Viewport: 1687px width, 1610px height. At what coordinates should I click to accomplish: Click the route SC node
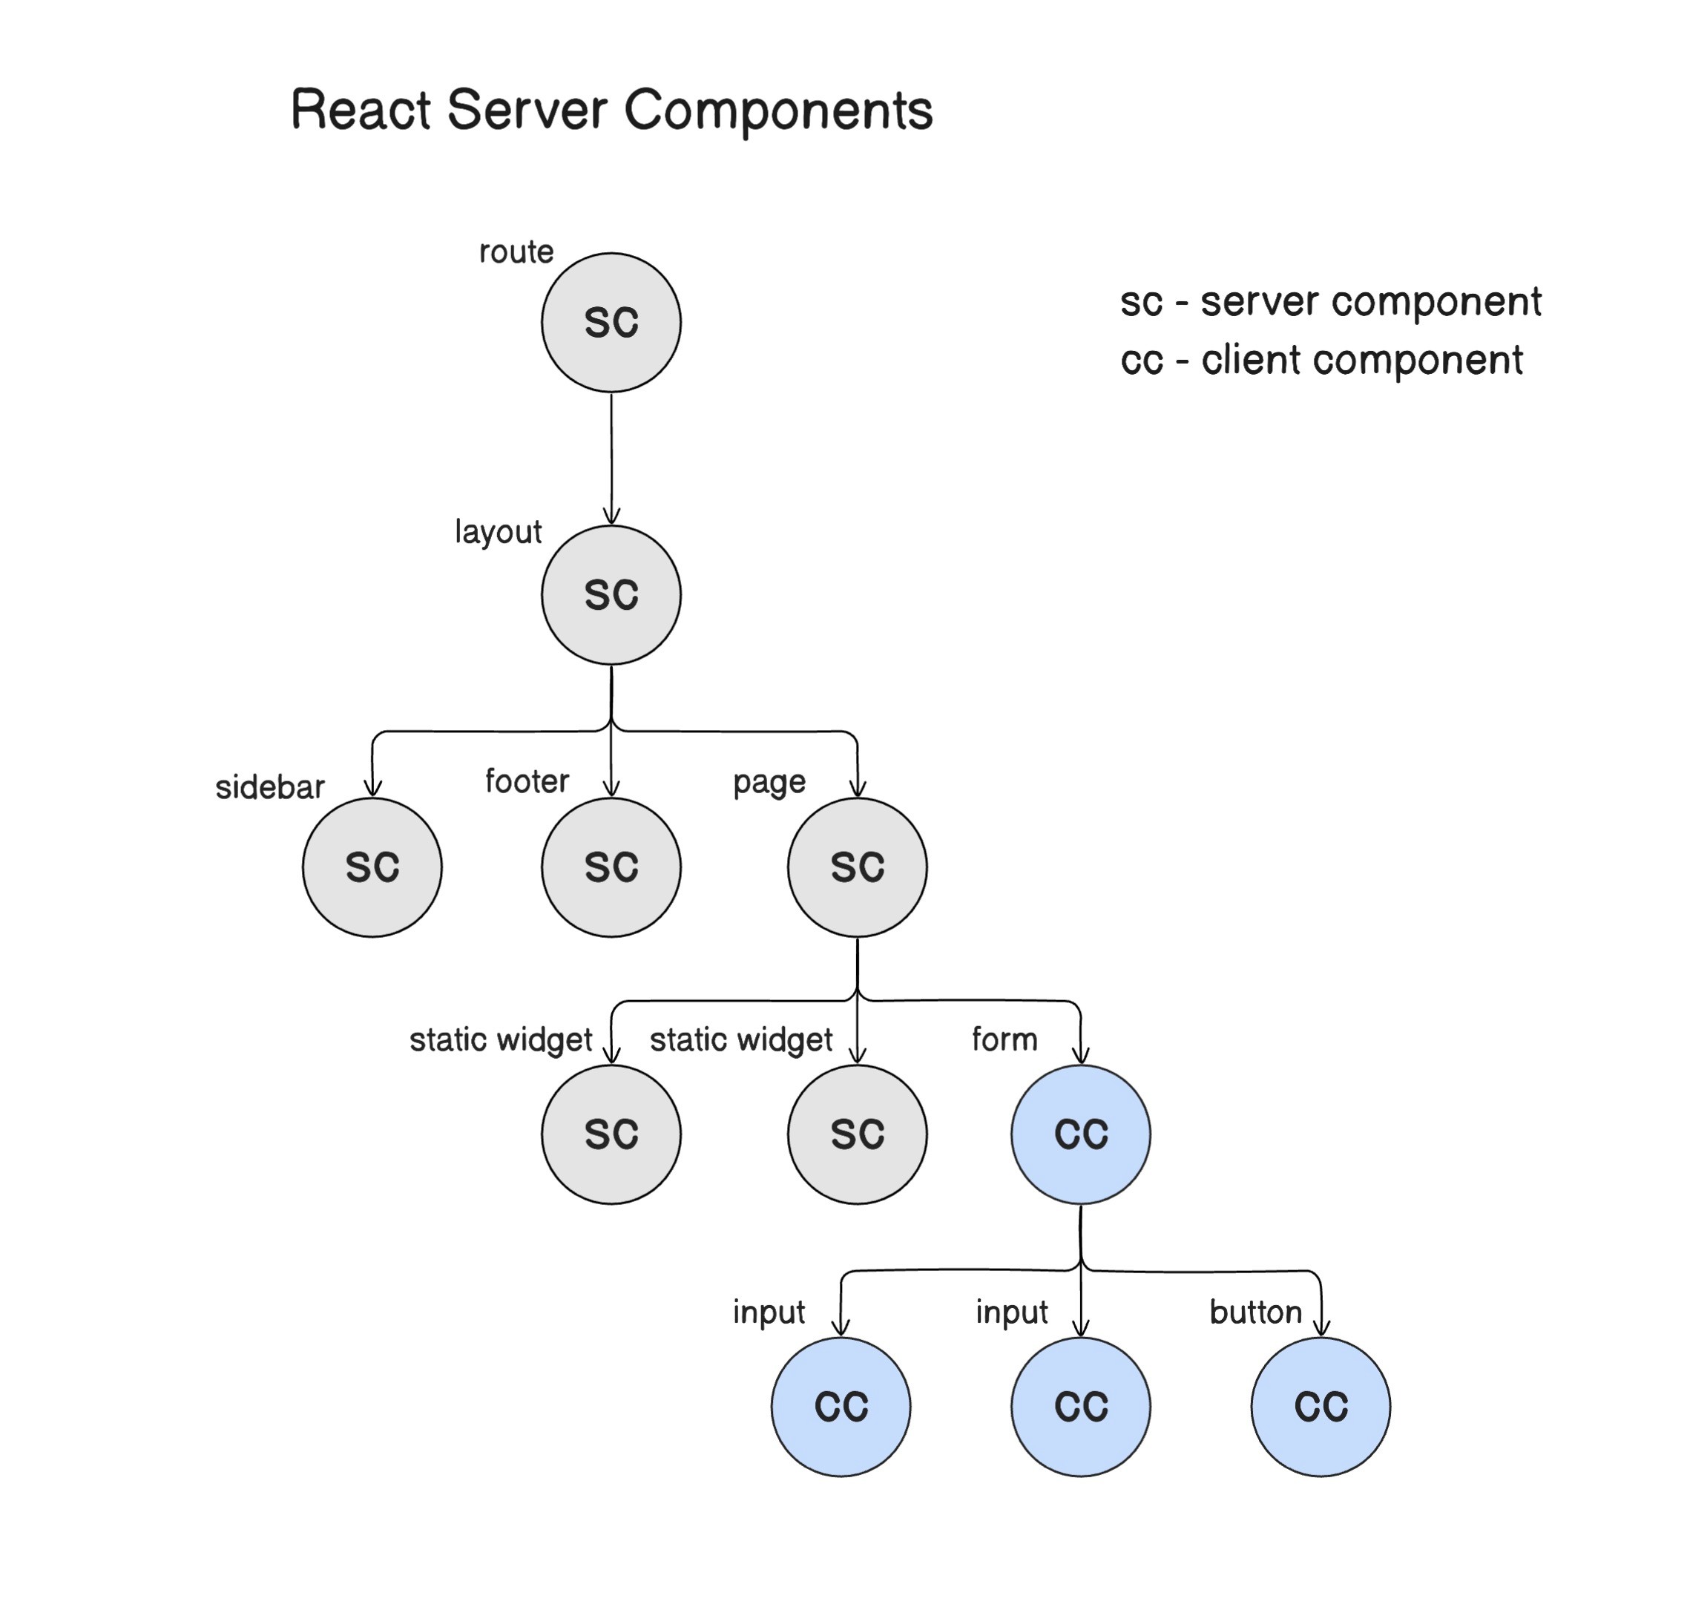tap(611, 322)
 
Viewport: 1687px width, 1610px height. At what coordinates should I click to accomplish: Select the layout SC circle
tap(611, 595)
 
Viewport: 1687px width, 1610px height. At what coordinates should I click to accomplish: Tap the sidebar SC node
tap(372, 867)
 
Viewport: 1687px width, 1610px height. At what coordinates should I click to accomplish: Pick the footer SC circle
tap(611, 867)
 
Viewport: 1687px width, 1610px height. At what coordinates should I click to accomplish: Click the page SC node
tap(858, 867)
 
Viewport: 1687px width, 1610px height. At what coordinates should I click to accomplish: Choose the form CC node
tap(1080, 1134)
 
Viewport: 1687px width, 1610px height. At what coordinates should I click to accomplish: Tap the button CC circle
tap(1321, 1407)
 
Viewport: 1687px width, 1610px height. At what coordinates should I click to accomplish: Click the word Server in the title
tap(527, 110)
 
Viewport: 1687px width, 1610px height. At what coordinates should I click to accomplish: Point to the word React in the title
tap(361, 110)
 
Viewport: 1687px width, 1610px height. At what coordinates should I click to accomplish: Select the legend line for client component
tap(1321, 360)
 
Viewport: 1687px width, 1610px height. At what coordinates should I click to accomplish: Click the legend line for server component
tap(1330, 301)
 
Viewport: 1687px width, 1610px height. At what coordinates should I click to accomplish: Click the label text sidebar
tap(269, 787)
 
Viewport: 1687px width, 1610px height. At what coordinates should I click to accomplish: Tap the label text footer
tap(527, 781)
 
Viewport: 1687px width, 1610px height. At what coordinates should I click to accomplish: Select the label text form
tap(1004, 1039)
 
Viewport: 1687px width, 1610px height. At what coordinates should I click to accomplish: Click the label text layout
tap(498, 532)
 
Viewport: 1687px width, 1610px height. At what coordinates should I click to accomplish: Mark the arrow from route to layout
tap(611, 459)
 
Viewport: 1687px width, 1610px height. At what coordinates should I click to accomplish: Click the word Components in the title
tap(777, 110)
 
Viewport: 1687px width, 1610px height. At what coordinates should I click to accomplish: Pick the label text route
tap(516, 252)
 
